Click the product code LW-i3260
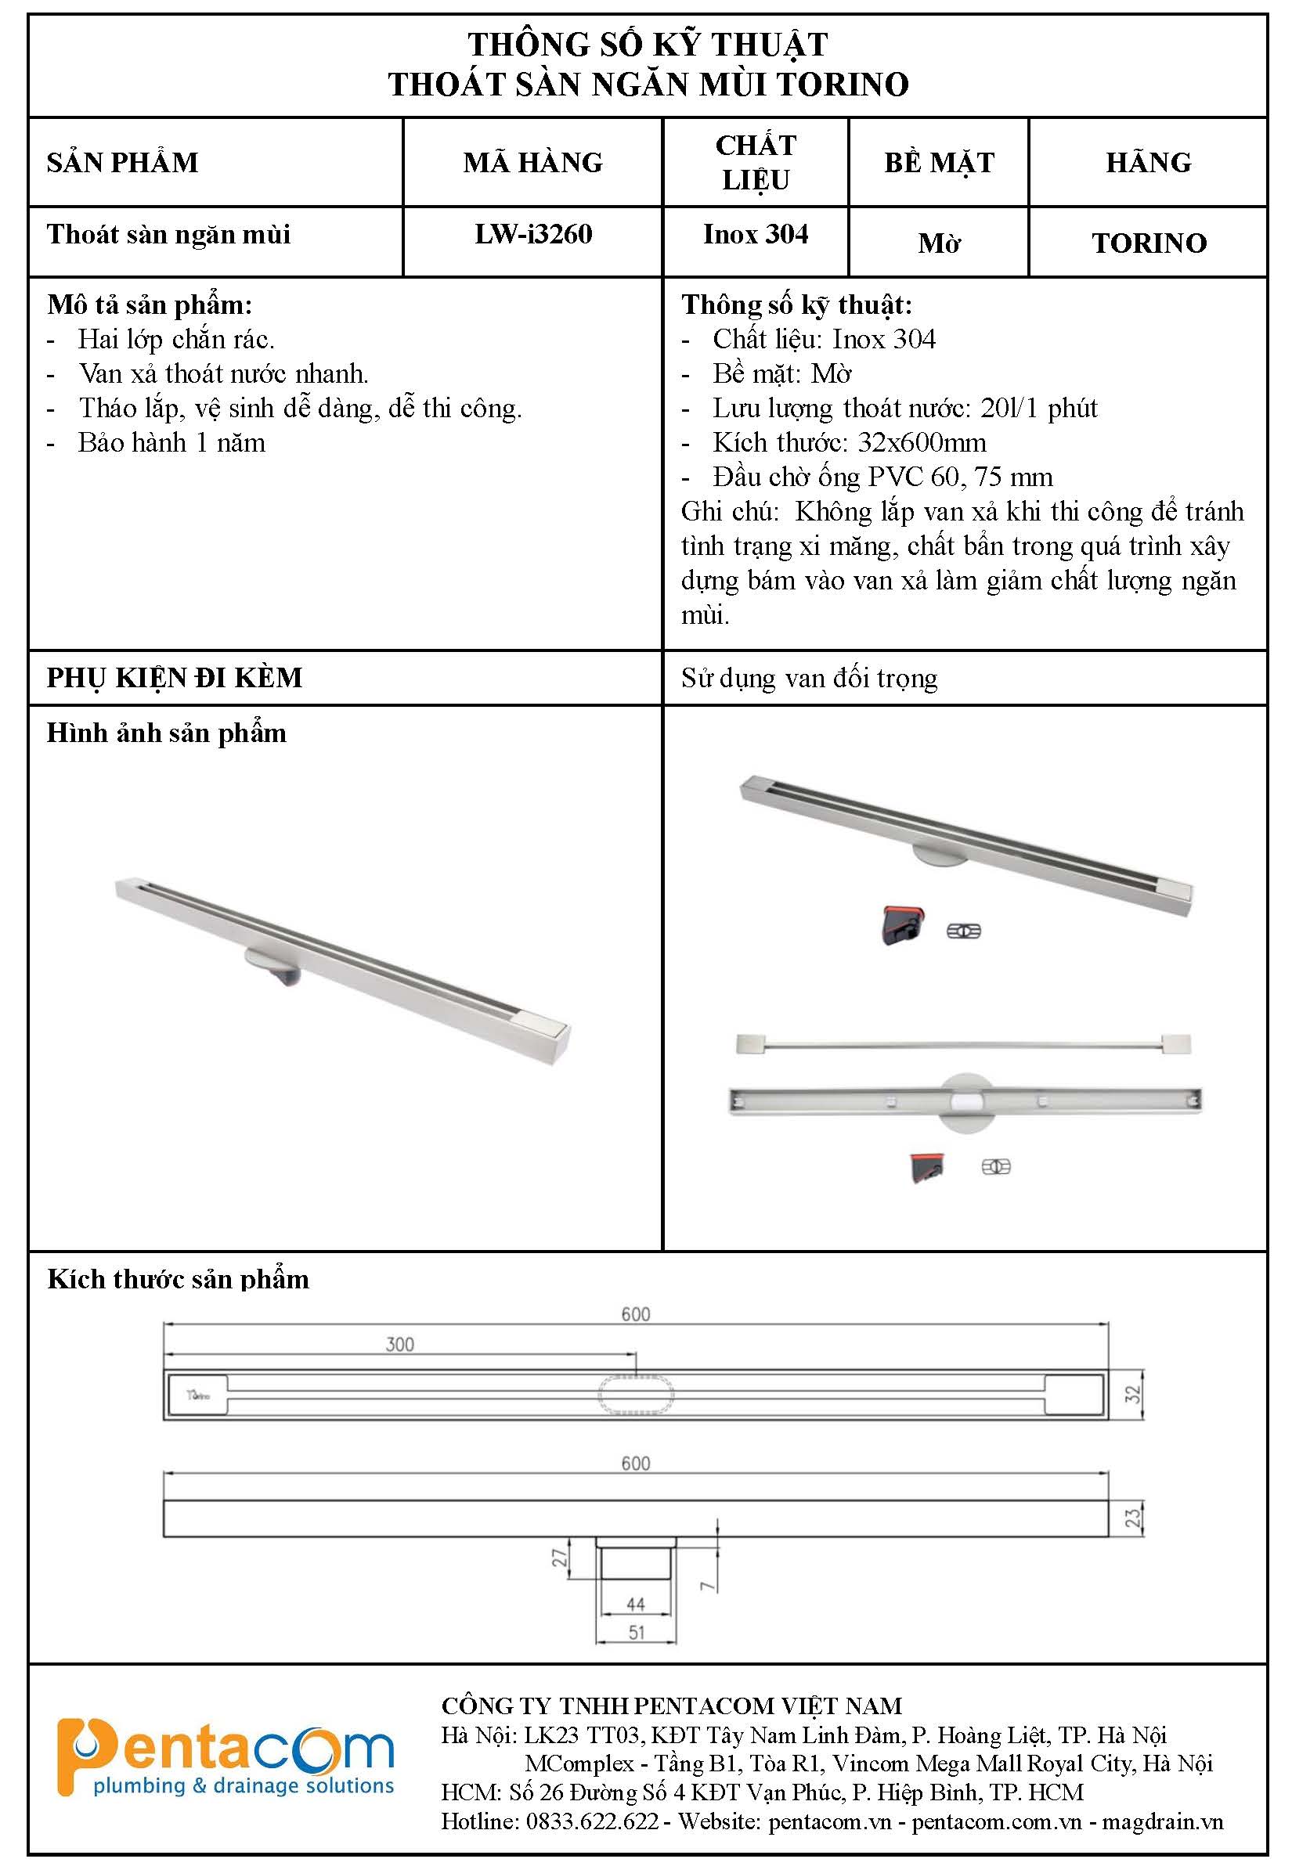click(x=532, y=235)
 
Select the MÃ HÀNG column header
click(x=532, y=163)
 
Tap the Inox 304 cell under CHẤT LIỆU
click(x=756, y=235)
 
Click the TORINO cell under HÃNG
click(x=1149, y=243)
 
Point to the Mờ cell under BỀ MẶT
click(x=939, y=243)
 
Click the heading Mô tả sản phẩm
click(x=150, y=305)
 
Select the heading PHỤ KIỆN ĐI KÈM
click(x=174, y=677)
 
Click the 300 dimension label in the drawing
click(x=400, y=1344)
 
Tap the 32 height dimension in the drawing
click(x=1132, y=1393)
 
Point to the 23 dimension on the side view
click(x=1132, y=1518)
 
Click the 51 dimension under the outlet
click(x=637, y=1633)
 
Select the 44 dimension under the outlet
click(x=636, y=1604)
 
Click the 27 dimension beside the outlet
click(x=559, y=1558)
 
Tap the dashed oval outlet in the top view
click(x=637, y=1394)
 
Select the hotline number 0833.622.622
click(x=592, y=1821)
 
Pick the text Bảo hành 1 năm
click(x=171, y=443)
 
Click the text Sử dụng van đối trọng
click(x=809, y=677)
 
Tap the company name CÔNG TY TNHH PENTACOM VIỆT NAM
click(x=671, y=1706)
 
